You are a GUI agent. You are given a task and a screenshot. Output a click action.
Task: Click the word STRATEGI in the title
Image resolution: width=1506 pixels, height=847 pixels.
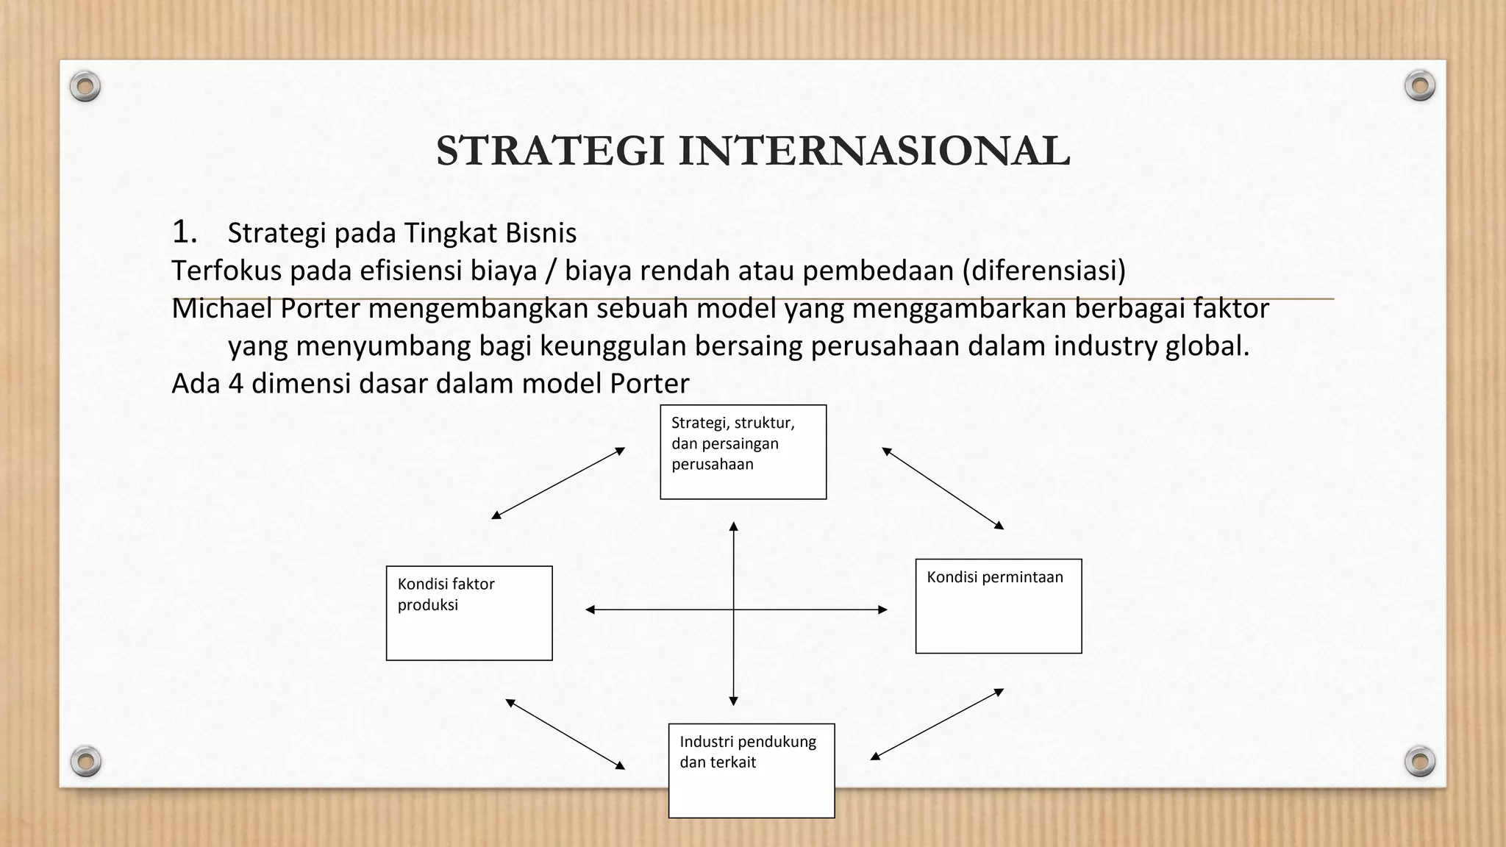pos(551,151)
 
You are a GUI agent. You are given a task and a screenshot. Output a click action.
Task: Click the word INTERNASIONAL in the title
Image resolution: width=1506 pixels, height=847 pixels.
pos(874,151)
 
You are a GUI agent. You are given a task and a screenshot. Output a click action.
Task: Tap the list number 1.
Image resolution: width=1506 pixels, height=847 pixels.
pos(184,232)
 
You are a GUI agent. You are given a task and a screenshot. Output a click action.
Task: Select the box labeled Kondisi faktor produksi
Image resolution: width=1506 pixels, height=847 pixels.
pos(469,613)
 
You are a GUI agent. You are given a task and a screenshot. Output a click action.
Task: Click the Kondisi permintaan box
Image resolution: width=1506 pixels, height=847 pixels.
pos(998,606)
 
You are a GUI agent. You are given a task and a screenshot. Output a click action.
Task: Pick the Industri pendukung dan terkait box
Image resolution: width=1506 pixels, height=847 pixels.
pos(751,771)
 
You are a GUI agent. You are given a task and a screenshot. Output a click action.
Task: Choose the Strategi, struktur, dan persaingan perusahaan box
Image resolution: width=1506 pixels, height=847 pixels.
pos(743,451)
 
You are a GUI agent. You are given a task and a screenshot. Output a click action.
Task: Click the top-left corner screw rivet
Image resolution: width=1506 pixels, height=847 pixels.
pos(85,87)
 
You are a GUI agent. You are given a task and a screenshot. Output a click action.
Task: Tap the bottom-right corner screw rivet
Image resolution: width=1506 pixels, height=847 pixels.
pos(1420,761)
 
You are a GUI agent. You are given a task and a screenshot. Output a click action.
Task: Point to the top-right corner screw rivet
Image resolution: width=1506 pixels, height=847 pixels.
pos(1420,86)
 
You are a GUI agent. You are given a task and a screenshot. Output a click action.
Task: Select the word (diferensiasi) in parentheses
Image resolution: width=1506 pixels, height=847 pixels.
pos(1043,271)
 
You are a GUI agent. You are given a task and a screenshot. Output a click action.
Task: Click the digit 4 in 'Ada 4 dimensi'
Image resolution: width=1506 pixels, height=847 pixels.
pos(235,384)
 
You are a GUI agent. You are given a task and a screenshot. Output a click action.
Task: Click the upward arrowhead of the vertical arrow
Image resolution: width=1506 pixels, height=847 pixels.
pos(733,526)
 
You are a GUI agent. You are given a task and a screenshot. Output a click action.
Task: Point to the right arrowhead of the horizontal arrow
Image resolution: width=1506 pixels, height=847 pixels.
pos(883,610)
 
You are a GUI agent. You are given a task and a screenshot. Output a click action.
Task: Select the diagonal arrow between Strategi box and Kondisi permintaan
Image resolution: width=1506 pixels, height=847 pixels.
pos(943,487)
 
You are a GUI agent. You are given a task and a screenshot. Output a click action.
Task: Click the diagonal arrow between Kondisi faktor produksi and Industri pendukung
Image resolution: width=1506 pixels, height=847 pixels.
pos(565,734)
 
